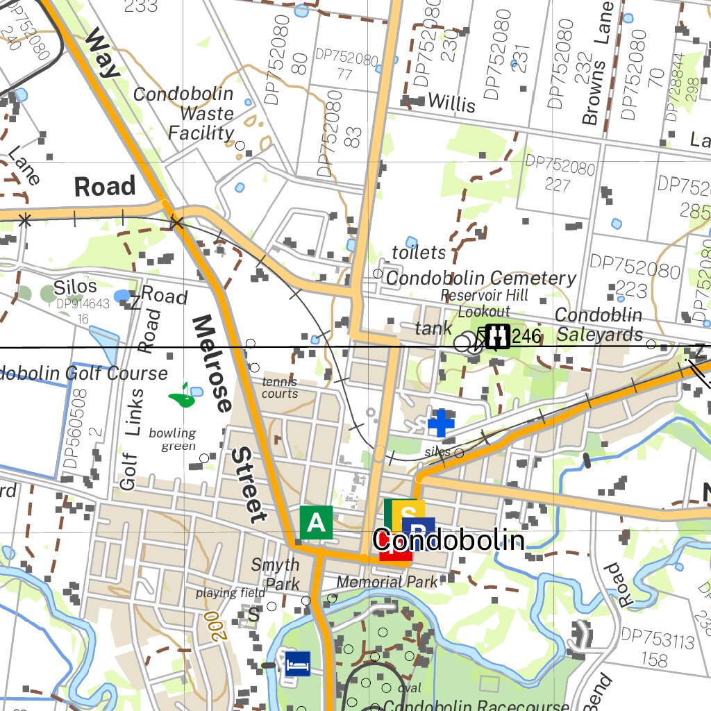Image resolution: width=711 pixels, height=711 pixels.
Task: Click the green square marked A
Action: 316,522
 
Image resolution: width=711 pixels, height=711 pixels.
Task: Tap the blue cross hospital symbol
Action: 440,422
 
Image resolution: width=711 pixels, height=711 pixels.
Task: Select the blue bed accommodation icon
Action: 297,663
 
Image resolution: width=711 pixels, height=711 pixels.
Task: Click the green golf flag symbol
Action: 182,396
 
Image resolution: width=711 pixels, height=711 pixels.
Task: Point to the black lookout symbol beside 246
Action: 498,337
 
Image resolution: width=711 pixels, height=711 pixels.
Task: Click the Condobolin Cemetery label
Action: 481,278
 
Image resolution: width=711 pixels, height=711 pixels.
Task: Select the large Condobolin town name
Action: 448,540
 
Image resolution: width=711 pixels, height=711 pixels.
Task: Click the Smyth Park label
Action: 276,574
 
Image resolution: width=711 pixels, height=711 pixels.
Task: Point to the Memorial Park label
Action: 387,581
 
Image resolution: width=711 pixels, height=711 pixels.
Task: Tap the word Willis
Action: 451,103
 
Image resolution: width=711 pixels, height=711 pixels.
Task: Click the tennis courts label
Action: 280,387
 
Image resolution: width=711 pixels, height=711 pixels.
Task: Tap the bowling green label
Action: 173,439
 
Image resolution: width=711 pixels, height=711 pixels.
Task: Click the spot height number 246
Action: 527,337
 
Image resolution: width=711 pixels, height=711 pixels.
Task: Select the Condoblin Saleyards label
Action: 599,325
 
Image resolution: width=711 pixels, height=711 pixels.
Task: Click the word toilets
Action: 419,252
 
